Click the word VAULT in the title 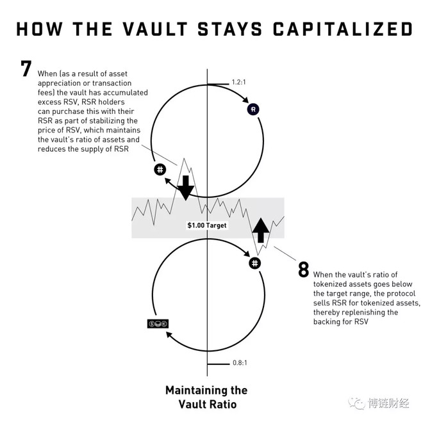click(x=155, y=29)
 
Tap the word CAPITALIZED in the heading click(x=343, y=29)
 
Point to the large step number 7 click(x=26, y=69)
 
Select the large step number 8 click(x=304, y=269)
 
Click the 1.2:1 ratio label click(x=239, y=82)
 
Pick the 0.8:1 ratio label click(x=240, y=362)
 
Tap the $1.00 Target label click(x=207, y=225)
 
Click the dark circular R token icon click(x=253, y=110)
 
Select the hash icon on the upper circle click(x=160, y=170)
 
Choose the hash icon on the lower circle click(x=254, y=263)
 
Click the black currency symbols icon click(x=158, y=323)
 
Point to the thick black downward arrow click(x=186, y=188)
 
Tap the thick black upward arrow click(x=261, y=230)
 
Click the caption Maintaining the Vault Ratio click(x=206, y=397)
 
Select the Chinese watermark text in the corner click(x=388, y=403)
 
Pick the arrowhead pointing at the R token click(x=245, y=100)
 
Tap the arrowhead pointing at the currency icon click(x=169, y=335)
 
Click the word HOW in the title click(x=39, y=29)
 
